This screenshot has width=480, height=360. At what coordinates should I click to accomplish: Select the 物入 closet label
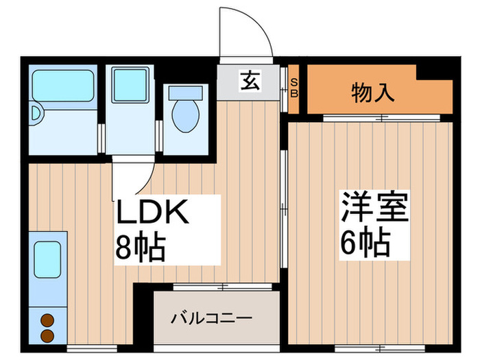coord(373,92)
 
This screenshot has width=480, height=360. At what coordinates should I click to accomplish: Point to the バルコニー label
coord(212,318)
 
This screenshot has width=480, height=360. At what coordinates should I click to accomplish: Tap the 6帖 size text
coord(364,241)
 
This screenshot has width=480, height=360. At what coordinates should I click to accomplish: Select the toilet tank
coord(183,92)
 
